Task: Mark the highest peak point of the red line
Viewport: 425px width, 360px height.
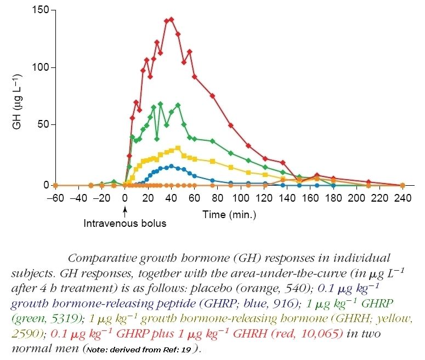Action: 171,19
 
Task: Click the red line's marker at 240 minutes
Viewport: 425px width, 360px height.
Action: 403,185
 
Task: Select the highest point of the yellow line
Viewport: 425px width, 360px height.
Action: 178,147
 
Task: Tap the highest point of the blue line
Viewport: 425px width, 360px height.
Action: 171,166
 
